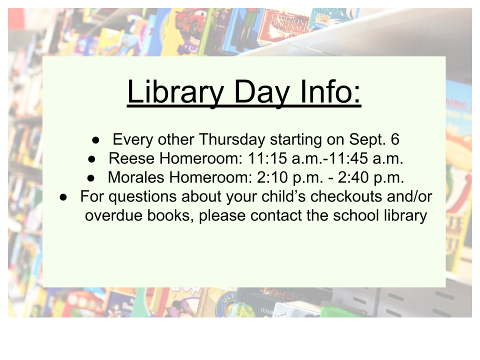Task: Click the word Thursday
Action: (232, 139)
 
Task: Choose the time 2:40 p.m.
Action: (370, 177)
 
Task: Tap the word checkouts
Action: (346, 196)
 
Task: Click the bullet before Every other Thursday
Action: (95, 140)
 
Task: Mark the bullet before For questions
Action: (63, 197)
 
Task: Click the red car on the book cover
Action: (189, 21)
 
